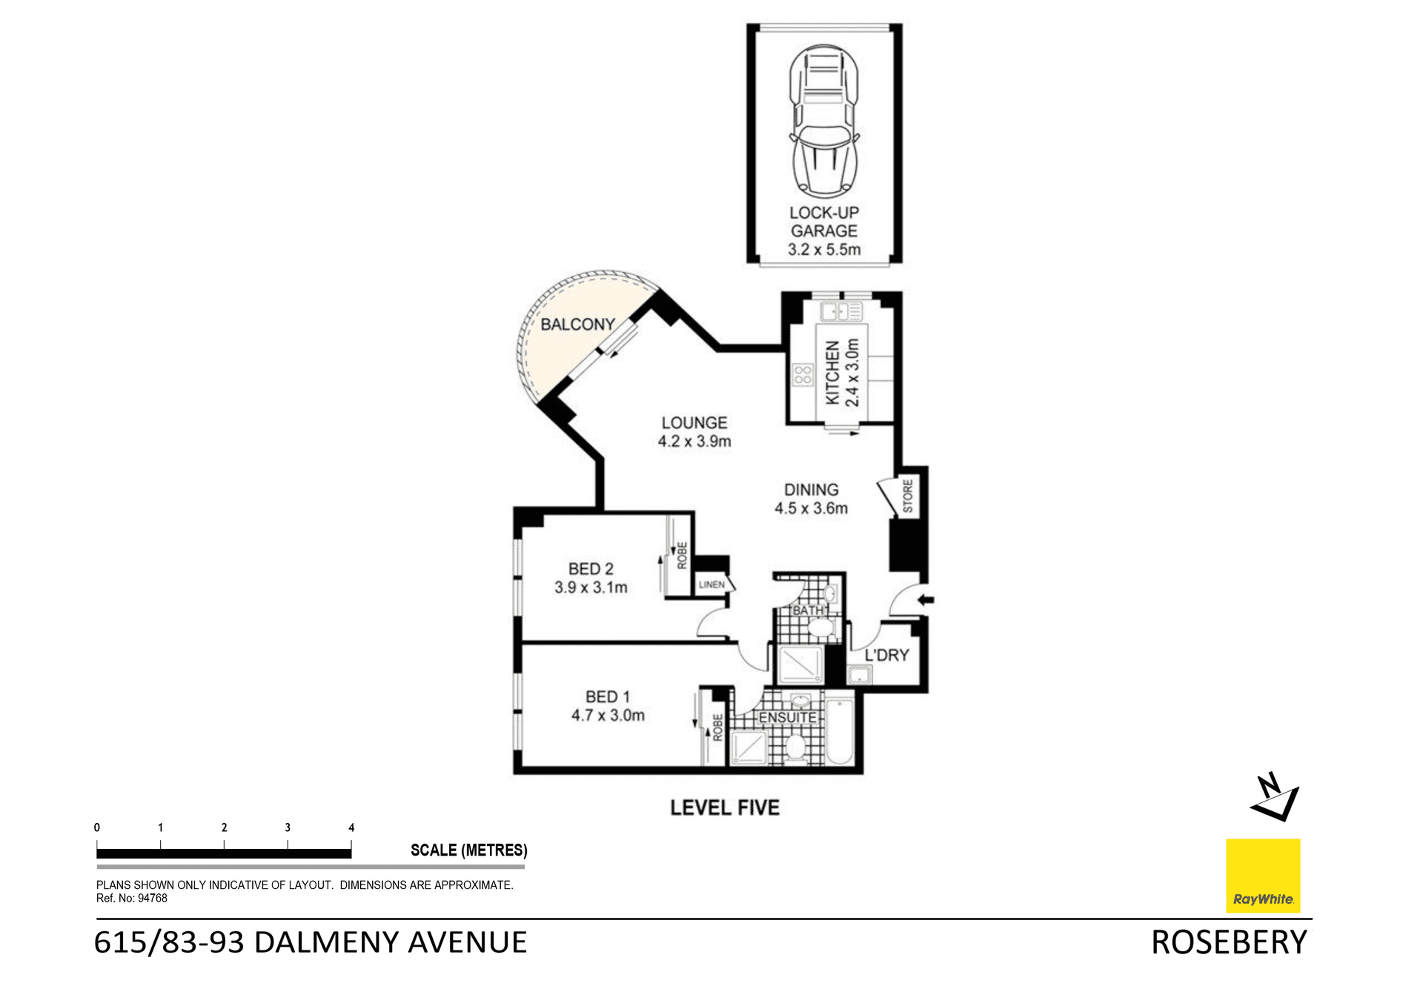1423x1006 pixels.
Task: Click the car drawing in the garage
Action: [x=823, y=121]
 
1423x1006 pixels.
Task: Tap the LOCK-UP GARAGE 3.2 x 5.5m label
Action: [x=823, y=231]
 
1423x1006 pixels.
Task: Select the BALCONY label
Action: [x=577, y=324]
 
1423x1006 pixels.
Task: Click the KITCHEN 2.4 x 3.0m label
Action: [x=843, y=373]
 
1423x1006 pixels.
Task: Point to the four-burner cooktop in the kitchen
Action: [x=803, y=375]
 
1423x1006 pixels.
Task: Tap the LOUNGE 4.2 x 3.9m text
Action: [x=694, y=432]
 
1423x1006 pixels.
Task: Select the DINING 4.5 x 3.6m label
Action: [x=811, y=499]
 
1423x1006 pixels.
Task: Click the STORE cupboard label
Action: [x=908, y=496]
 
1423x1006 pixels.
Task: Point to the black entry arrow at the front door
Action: [x=926, y=600]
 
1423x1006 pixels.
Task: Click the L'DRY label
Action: [x=886, y=655]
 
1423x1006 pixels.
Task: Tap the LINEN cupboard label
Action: [x=711, y=584]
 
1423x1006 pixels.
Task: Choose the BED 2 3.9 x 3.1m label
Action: [x=591, y=578]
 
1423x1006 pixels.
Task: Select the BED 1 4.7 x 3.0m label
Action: [x=608, y=706]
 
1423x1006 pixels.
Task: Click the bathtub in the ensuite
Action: [x=840, y=729]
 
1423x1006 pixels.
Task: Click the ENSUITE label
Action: [x=787, y=718]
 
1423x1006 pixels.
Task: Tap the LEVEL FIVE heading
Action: [x=725, y=807]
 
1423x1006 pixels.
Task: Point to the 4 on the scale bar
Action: [x=351, y=827]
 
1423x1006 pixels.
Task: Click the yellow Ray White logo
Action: [x=1263, y=876]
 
